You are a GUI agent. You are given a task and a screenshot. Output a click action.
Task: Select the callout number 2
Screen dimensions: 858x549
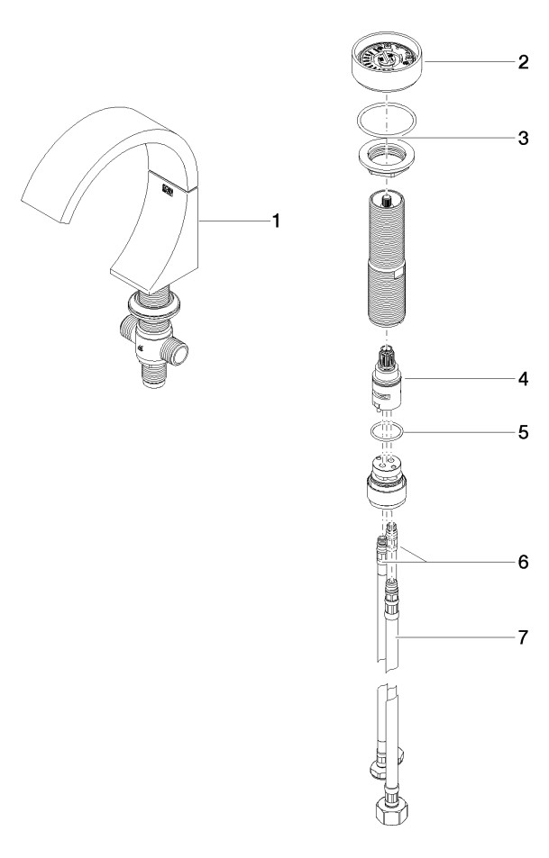522,64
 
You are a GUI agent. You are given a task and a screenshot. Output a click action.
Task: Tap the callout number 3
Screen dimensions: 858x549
522,140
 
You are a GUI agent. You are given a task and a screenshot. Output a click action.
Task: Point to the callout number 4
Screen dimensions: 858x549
522,379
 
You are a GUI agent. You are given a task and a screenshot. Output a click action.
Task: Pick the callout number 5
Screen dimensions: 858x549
522,431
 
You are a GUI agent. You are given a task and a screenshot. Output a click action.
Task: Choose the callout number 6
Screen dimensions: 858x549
522,562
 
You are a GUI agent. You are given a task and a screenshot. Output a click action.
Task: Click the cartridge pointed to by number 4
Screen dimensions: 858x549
389,383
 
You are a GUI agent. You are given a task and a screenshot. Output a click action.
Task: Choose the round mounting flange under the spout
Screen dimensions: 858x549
154,307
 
